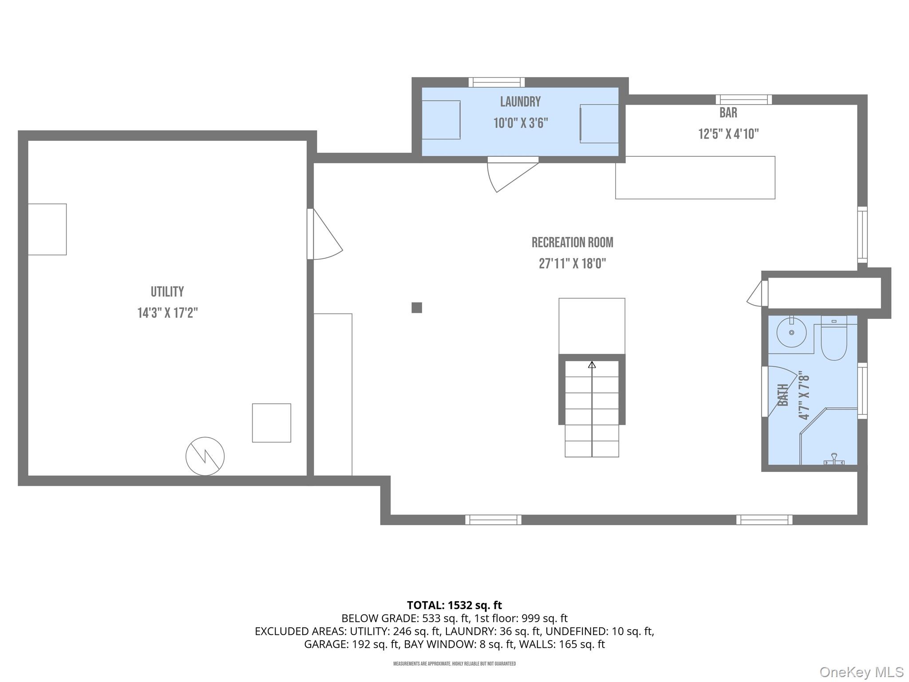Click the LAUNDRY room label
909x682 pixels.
(520, 102)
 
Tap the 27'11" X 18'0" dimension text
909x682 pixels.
(572, 264)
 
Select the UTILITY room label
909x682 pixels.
(167, 292)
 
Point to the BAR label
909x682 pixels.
(728, 113)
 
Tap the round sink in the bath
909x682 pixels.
(791, 332)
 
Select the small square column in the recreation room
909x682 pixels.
(416, 308)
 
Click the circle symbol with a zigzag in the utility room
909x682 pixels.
(205, 456)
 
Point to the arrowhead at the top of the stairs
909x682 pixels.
(592, 365)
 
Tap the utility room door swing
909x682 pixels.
(327, 238)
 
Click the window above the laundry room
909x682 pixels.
(497, 82)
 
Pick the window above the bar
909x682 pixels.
(743, 99)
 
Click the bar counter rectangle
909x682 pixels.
(695, 178)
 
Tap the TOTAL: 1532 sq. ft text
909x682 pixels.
(454, 605)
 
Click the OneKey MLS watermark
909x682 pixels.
(861, 672)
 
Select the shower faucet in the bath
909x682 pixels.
(834, 459)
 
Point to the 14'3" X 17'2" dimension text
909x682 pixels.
(167, 313)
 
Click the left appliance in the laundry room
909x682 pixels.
(440, 120)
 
